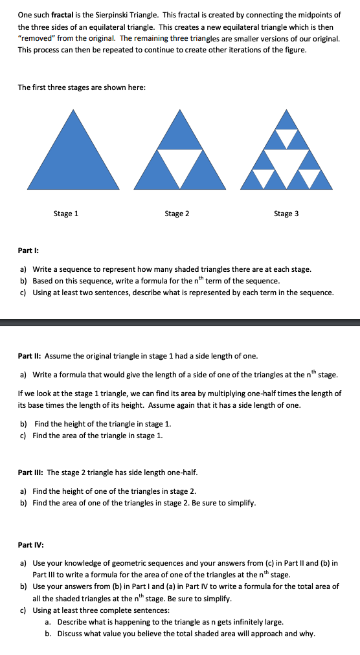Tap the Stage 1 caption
(66, 214)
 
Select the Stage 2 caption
(177, 214)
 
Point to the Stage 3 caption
(286, 214)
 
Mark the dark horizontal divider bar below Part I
(180, 322)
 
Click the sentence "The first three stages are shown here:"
(82, 87)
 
